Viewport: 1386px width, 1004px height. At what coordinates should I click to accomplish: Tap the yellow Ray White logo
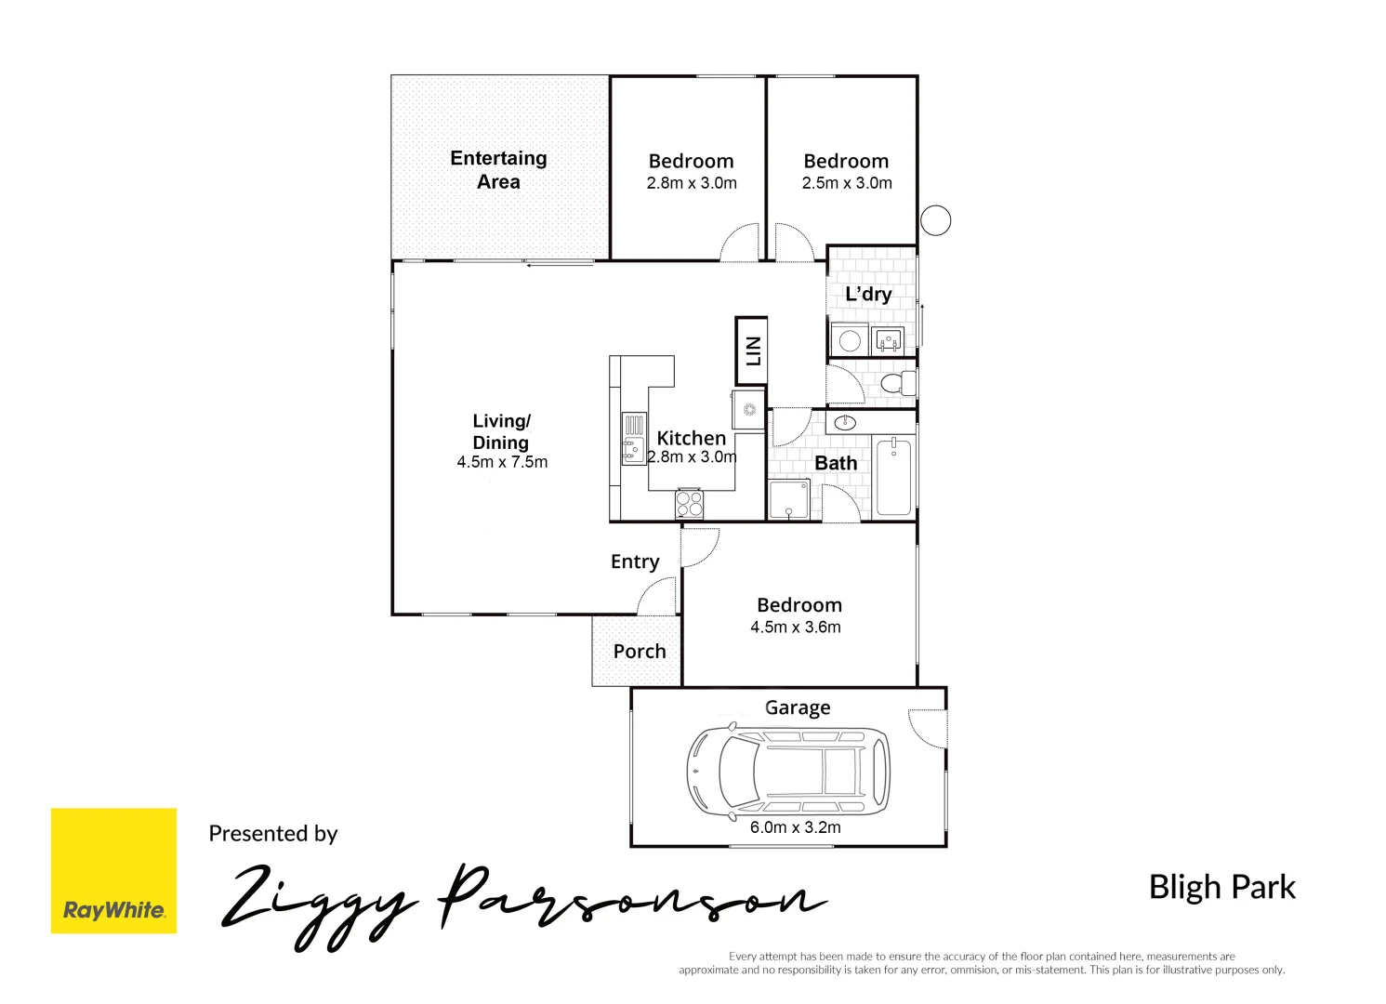(x=113, y=870)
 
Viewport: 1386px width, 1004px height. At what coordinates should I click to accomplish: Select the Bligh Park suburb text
(x=1221, y=887)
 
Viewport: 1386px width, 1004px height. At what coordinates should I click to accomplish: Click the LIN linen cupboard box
(x=751, y=351)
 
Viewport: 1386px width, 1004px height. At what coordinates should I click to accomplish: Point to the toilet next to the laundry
(x=897, y=383)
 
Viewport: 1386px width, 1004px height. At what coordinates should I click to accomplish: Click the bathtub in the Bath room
(x=893, y=476)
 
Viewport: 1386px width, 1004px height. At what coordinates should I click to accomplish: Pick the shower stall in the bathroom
(x=788, y=499)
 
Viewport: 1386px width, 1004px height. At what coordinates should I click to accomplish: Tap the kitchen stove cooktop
(x=689, y=503)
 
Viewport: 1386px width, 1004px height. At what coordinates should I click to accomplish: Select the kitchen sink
(x=633, y=439)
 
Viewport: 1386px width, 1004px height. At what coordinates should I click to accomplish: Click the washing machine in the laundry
(x=849, y=340)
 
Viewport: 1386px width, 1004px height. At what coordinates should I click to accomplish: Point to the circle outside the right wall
(x=935, y=220)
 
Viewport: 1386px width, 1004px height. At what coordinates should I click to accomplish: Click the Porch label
(x=640, y=652)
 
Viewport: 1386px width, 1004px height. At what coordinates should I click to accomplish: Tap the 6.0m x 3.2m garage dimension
(x=795, y=827)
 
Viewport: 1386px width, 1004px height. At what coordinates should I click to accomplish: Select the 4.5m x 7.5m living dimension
(x=502, y=462)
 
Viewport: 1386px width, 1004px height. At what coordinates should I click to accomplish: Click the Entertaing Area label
(x=498, y=170)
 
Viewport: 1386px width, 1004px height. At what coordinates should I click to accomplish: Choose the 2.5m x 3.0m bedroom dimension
(x=847, y=183)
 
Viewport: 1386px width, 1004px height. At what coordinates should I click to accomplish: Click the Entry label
(x=635, y=561)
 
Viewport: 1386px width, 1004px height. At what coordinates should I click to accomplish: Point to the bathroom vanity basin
(x=845, y=423)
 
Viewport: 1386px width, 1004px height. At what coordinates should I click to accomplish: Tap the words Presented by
(x=272, y=834)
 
